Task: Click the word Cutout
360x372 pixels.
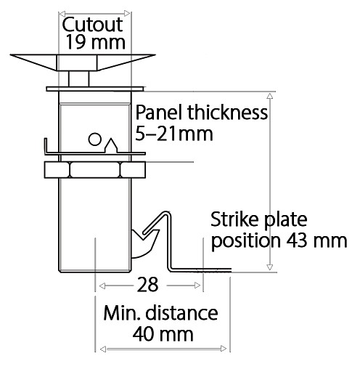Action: click(92, 25)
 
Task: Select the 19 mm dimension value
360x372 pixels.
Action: click(96, 42)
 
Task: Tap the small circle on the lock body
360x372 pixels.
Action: click(94, 139)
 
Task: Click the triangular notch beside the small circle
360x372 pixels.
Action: click(111, 145)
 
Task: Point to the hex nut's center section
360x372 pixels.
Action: click(95, 169)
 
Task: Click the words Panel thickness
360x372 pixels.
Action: click(202, 113)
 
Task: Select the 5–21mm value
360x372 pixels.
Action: click(174, 134)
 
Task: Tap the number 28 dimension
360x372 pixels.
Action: click(147, 285)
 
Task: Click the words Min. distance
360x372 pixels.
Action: click(160, 313)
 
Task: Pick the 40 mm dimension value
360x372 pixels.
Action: click(163, 334)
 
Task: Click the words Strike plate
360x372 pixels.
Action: click(258, 220)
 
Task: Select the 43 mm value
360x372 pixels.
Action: click(316, 240)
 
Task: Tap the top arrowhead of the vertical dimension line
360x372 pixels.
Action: click(270, 96)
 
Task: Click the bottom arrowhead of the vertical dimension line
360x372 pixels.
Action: click(270, 267)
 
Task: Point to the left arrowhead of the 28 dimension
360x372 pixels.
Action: click(102, 286)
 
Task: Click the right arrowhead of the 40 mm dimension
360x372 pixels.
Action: click(224, 349)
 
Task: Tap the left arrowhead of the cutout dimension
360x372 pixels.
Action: click(62, 14)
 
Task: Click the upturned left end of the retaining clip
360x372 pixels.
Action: click(46, 145)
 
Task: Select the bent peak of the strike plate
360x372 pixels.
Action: click(165, 214)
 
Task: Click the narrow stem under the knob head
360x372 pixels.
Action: click(79, 78)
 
